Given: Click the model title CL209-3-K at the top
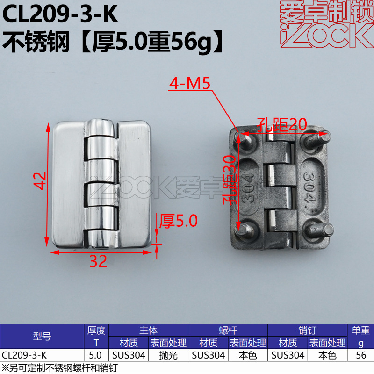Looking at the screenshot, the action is [x=60, y=14].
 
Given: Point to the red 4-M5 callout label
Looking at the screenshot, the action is [x=190, y=84].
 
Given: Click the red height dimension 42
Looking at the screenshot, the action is [x=40, y=180].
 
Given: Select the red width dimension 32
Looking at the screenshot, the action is [x=98, y=261].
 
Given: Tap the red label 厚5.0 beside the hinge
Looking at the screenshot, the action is [x=178, y=221].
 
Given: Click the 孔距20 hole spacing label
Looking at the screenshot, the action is [x=282, y=124].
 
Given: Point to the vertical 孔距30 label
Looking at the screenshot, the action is [x=230, y=180].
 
